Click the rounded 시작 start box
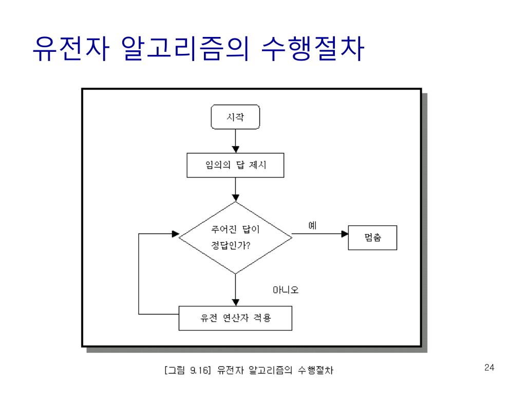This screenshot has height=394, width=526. [236, 117]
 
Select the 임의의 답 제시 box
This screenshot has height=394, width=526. [235, 165]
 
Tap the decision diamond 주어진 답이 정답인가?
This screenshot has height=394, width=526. [235, 237]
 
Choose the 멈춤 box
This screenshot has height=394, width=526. [372, 238]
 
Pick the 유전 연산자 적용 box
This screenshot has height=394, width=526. [235, 318]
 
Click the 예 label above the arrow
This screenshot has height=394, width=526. [312, 225]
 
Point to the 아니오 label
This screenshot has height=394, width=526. [286, 290]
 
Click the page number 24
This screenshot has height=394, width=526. [489, 367]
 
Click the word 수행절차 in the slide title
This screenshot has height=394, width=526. [313, 50]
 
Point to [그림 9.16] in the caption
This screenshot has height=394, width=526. [188, 370]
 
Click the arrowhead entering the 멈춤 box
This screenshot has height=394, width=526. [345, 234]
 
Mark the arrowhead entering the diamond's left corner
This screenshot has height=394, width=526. [175, 234]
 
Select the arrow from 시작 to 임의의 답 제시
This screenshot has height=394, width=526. [235, 141]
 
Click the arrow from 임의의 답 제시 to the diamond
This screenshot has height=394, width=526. [235, 189]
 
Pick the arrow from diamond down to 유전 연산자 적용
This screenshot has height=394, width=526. [235, 289]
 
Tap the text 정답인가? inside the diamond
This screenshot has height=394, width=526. [231, 245]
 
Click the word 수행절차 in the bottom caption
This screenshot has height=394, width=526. [315, 370]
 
